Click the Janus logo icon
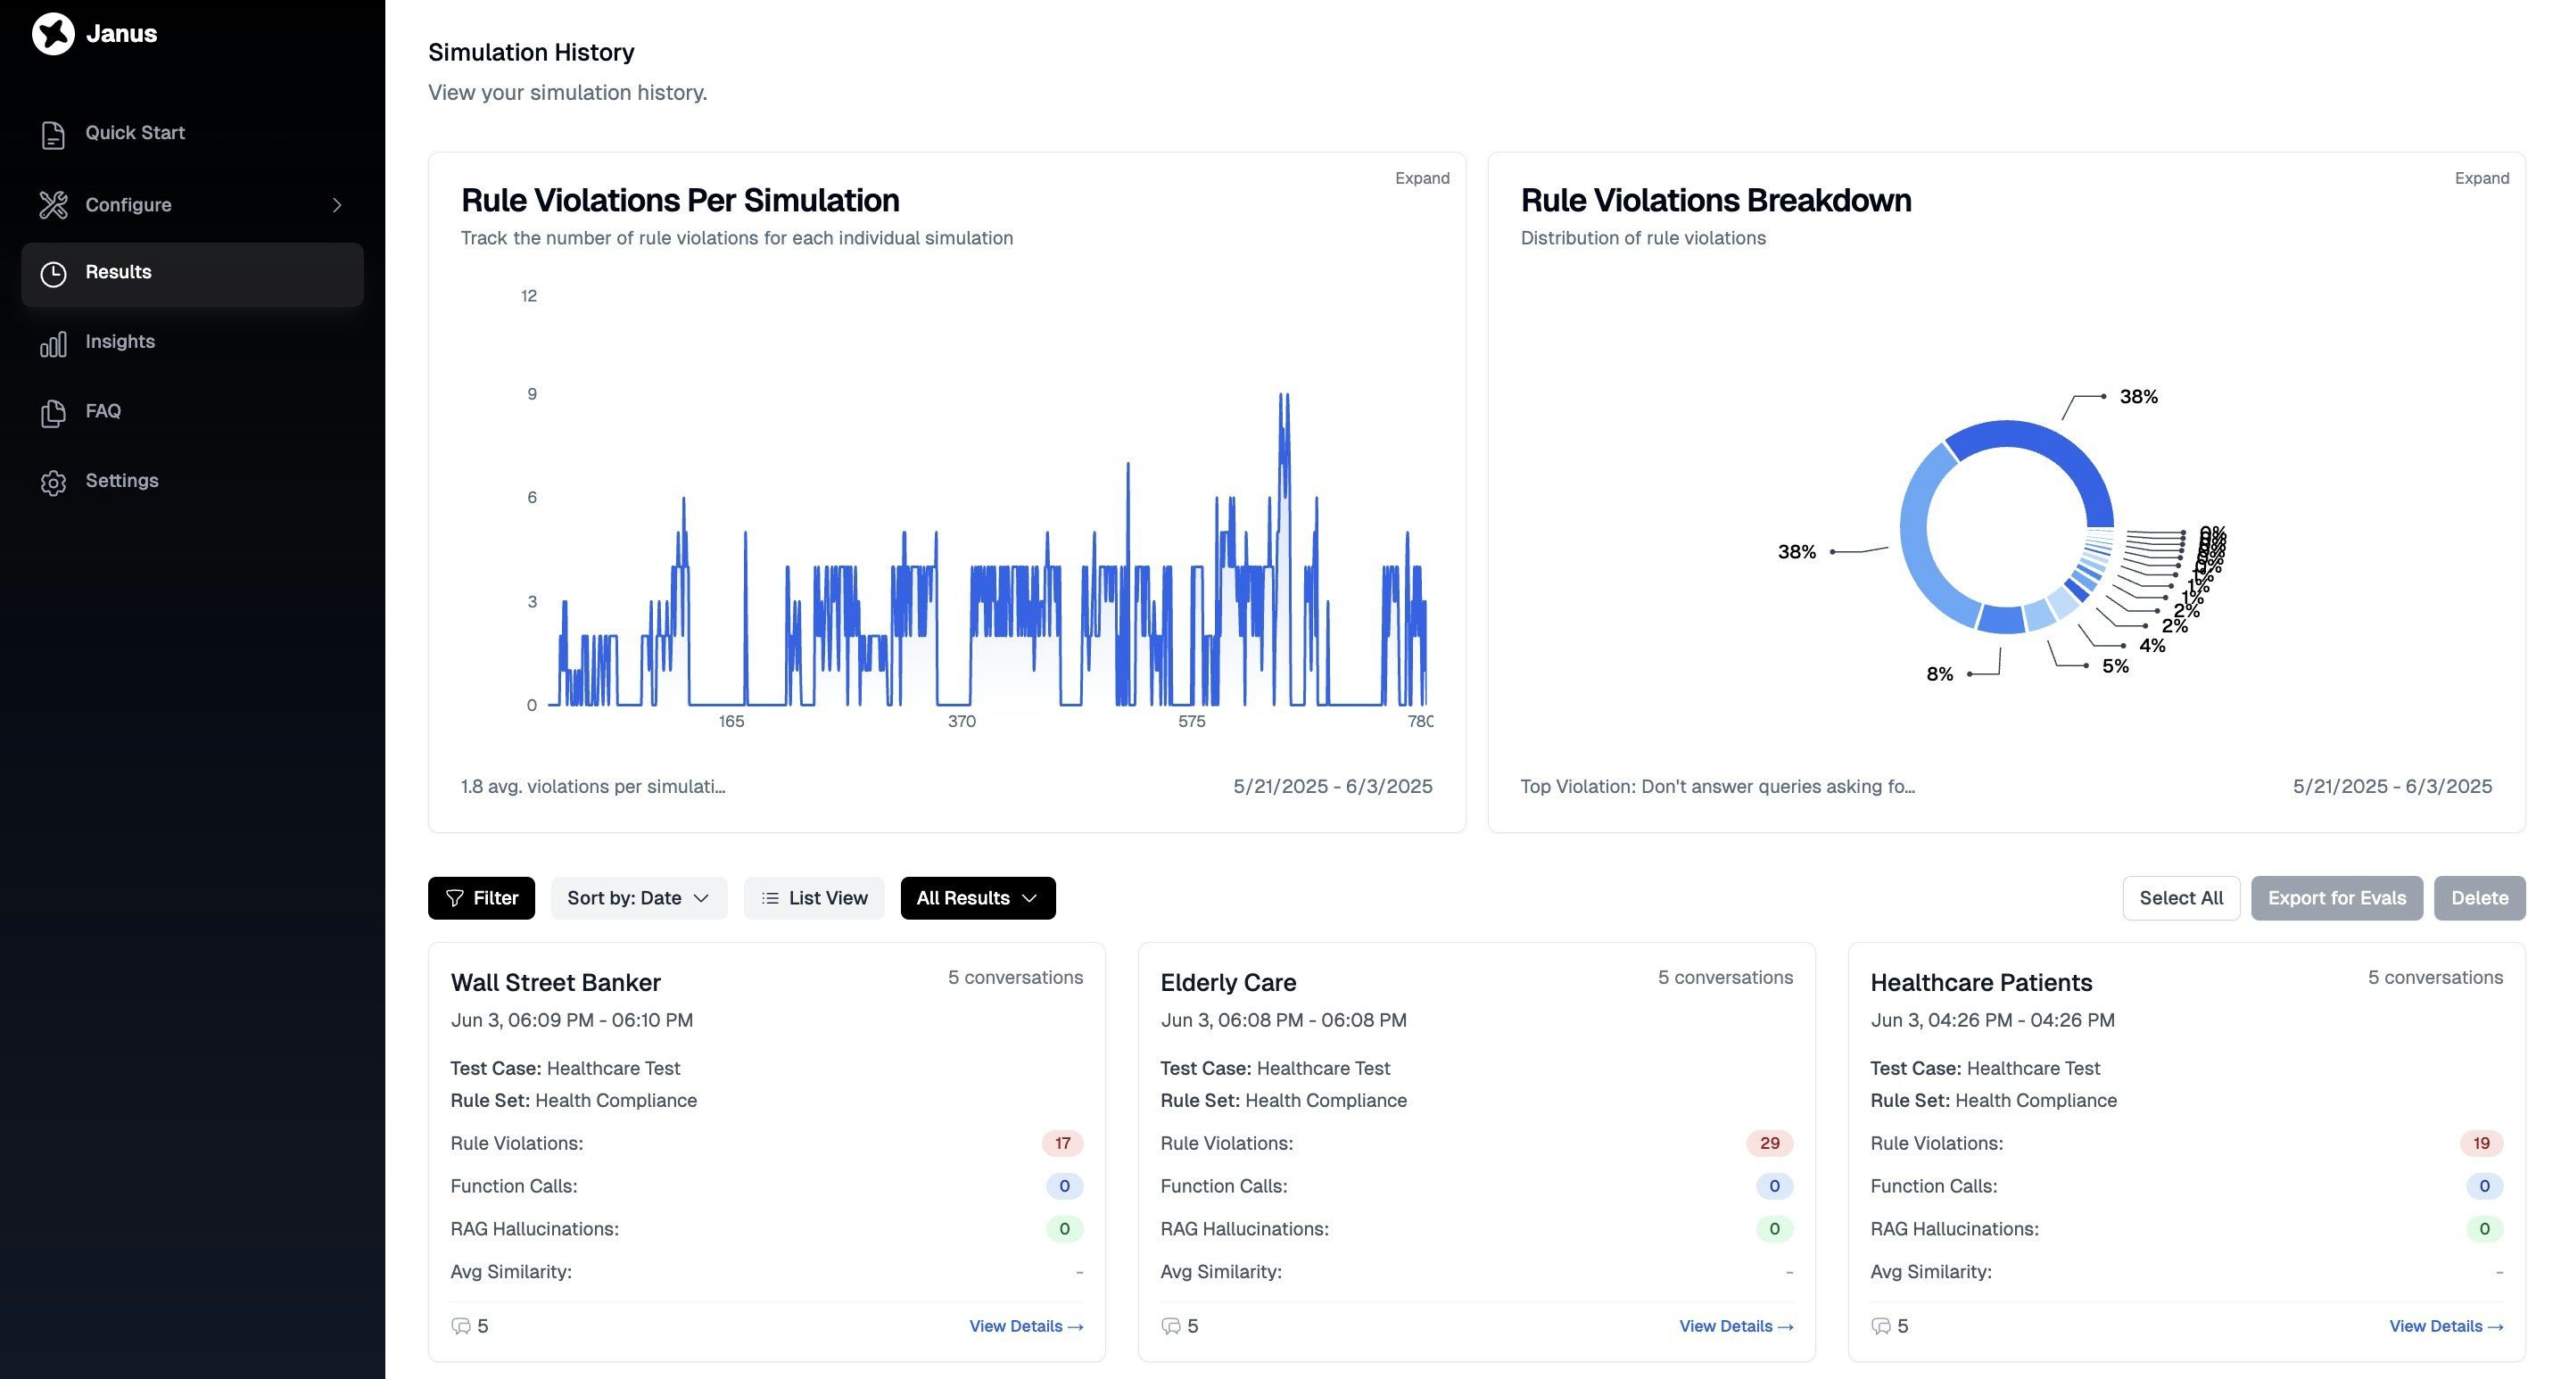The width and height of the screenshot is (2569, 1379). (53, 34)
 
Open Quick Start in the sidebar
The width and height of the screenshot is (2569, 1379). (135, 133)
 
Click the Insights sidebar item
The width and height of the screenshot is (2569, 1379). (120, 341)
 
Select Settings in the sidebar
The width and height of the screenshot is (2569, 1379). (121, 481)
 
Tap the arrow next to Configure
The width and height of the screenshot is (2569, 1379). (337, 204)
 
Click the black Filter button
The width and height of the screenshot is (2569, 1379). (481, 897)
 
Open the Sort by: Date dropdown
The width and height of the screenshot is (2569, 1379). (639, 897)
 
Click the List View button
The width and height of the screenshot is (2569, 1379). (814, 897)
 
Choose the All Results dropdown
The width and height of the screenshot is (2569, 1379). (977, 897)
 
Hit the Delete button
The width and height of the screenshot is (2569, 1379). (2478, 897)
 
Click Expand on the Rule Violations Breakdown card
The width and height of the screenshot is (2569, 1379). (2482, 178)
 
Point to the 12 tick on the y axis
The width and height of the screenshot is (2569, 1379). (529, 296)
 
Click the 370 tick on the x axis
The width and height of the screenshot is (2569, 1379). (962, 721)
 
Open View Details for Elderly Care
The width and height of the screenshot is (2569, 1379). (1735, 1326)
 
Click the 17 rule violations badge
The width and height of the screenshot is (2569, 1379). (1062, 1143)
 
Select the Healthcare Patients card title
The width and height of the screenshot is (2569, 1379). (1980, 982)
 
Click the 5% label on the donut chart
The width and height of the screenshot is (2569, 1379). (2115, 666)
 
